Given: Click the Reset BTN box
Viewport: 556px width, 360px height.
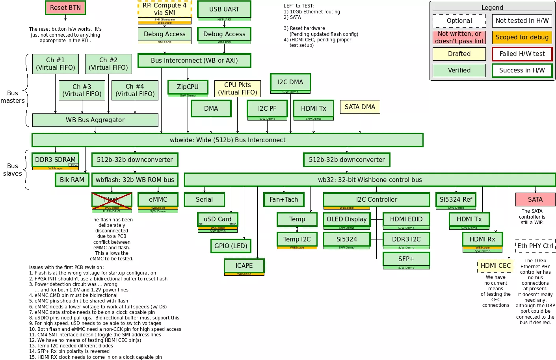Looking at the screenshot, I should pos(65,8).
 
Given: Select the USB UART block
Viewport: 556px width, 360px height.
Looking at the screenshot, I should pos(224,9).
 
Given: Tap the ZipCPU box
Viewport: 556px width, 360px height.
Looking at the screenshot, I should pos(188,87).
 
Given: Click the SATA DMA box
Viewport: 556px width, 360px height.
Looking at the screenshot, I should pos(360,107).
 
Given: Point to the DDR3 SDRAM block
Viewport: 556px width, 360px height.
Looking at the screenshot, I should pos(55,160).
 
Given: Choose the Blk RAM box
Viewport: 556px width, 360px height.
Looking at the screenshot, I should pos(72,180).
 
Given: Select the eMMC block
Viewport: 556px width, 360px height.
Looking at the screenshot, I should pos(158,200).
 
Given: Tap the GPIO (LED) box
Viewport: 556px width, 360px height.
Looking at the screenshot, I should pos(231,246).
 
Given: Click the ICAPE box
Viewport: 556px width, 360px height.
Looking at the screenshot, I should pos(244,266).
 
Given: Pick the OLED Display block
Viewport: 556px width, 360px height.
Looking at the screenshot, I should pos(347,219).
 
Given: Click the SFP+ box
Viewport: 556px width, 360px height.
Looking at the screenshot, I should pos(406,259).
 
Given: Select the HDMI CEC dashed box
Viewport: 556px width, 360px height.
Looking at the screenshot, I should pos(496,266).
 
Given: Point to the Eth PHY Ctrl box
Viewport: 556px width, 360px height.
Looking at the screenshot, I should pos(535,246).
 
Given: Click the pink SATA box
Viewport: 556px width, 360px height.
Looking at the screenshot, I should pos(535,200).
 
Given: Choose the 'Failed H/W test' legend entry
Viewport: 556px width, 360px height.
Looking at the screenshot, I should pos(522,54).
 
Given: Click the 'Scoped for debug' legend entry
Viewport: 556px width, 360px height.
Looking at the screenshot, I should pos(522,37).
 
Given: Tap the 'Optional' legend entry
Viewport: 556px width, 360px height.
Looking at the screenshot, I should pos(459,21).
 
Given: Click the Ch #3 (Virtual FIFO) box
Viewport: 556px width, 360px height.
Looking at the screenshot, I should pos(82,90).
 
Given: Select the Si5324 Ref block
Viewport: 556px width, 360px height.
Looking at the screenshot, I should pos(456,200).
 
